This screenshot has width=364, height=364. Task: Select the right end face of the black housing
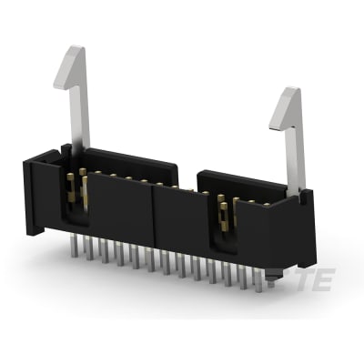(x=303, y=232)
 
